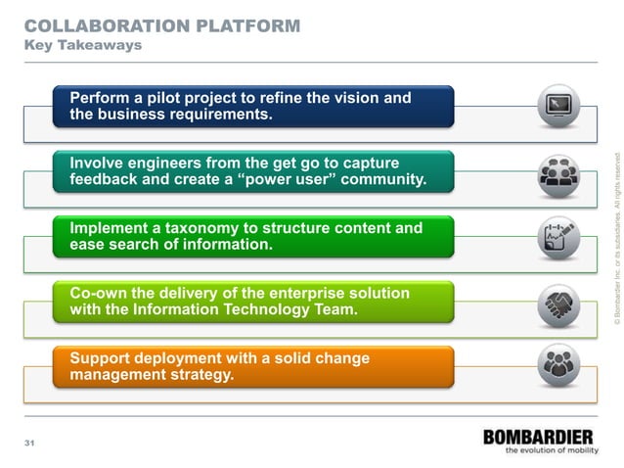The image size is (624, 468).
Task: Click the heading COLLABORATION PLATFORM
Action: [x=161, y=25]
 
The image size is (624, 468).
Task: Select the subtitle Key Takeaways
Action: [x=82, y=45]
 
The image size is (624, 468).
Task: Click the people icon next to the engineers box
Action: [x=558, y=174]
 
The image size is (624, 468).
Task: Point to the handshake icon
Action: [x=558, y=304]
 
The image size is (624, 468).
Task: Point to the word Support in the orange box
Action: [x=102, y=358]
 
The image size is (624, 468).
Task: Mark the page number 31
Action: [x=29, y=445]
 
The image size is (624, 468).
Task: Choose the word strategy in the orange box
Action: [x=201, y=375]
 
